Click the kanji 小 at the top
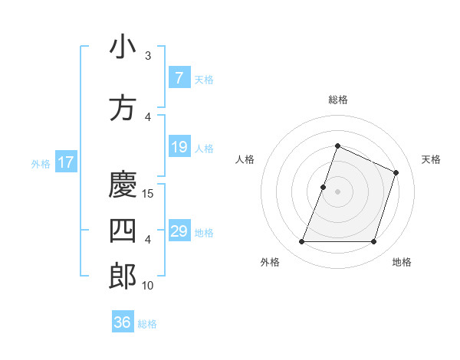click(123, 47)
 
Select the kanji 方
click(123, 108)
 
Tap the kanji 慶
click(123, 184)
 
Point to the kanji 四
click(123, 231)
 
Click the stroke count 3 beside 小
click(148, 56)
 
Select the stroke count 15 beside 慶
click(149, 194)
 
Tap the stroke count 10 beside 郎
click(149, 286)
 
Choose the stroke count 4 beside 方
click(148, 117)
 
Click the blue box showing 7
click(179, 78)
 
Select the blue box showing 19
click(179, 147)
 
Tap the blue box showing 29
click(179, 231)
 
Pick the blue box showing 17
click(65, 162)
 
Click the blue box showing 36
click(123, 322)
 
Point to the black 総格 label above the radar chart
click(338, 100)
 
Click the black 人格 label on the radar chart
click(245, 159)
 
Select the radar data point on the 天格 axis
click(396, 172)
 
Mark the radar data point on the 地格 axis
click(373, 242)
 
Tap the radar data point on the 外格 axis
click(302, 242)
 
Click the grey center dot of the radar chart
click(338, 191)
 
